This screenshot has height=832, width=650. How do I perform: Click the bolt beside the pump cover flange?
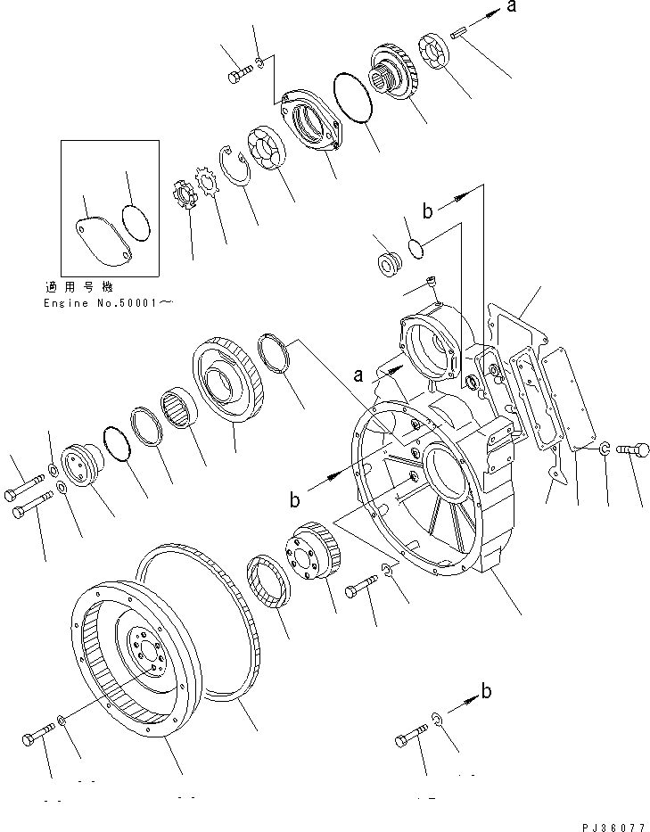coord(238,74)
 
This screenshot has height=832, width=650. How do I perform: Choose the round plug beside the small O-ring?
coord(388,265)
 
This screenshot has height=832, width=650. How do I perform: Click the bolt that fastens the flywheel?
coord(37,737)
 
